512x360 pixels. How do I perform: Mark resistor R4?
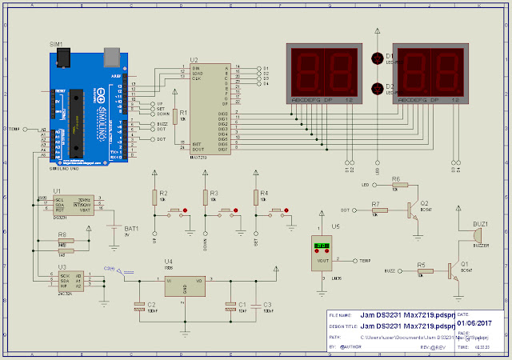coord(256,197)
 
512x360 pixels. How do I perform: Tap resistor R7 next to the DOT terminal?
coord(378,210)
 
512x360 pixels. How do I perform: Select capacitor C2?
coord(140,305)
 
